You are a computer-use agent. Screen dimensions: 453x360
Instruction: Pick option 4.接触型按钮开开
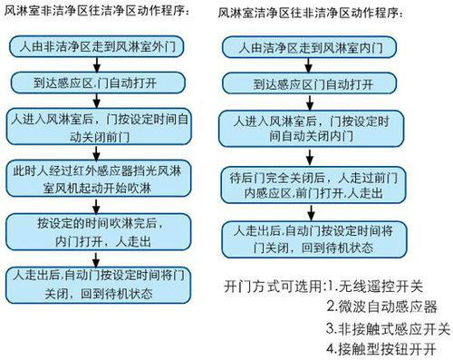(x=381, y=348)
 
